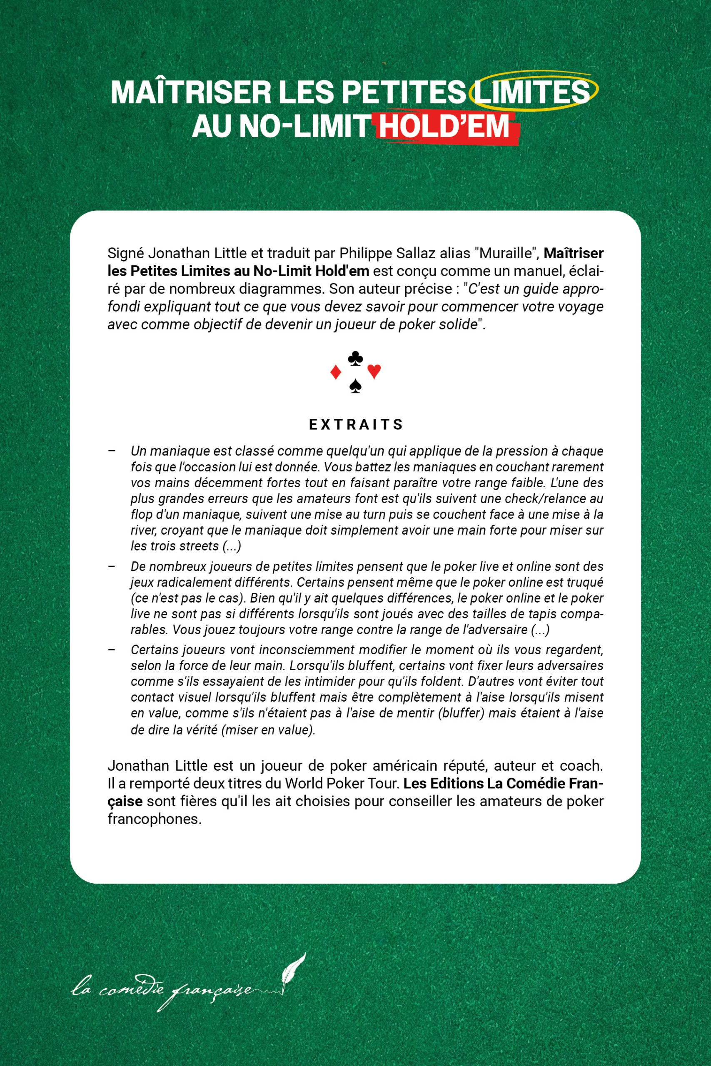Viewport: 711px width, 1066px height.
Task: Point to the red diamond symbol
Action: (x=336, y=373)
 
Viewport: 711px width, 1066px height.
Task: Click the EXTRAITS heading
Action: (x=356, y=425)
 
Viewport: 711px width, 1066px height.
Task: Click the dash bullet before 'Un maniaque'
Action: (x=112, y=451)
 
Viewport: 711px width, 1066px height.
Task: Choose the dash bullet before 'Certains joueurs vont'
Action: (x=112, y=650)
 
